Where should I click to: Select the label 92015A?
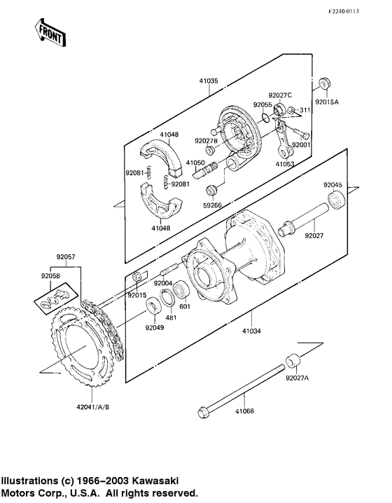coord(326,102)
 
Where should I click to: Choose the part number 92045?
coord(333,184)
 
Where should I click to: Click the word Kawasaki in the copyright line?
coord(153,481)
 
